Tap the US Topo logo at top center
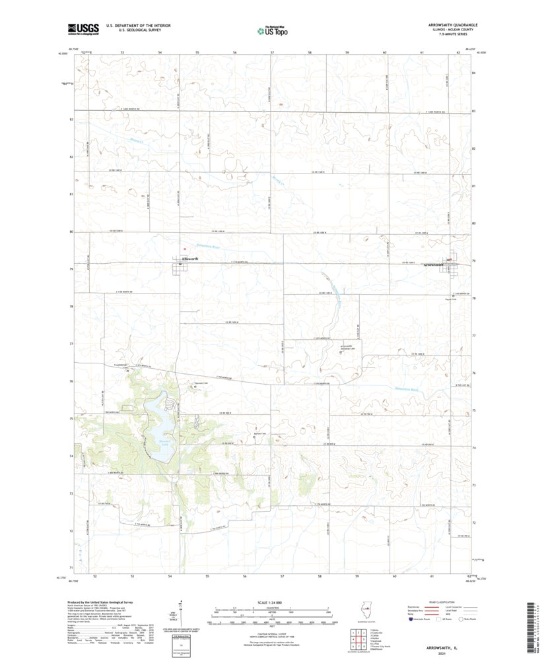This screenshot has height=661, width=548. [273, 28]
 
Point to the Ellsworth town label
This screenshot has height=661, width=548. [190, 259]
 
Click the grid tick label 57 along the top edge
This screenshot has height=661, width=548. [272, 51]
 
